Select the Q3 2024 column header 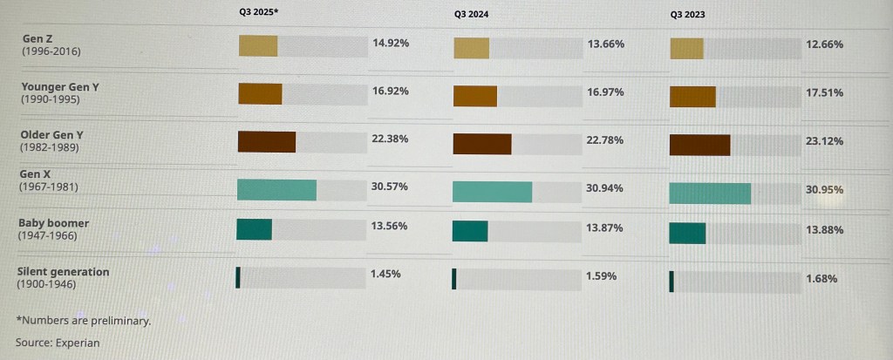click(x=473, y=15)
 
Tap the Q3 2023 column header click(x=689, y=15)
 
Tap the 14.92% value click(x=391, y=42)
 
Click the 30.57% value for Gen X click(x=389, y=187)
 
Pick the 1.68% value click(x=821, y=279)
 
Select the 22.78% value click(x=606, y=139)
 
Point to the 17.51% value click(x=824, y=92)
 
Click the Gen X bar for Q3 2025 click(x=276, y=189)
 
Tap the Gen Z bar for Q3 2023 click(x=686, y=49)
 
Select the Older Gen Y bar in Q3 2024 click(x=482, y=144)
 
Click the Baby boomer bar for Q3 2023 click(x=687, y=234)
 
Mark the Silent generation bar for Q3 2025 click(x=237, y=278)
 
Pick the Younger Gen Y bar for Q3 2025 click(x=260, y=94)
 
